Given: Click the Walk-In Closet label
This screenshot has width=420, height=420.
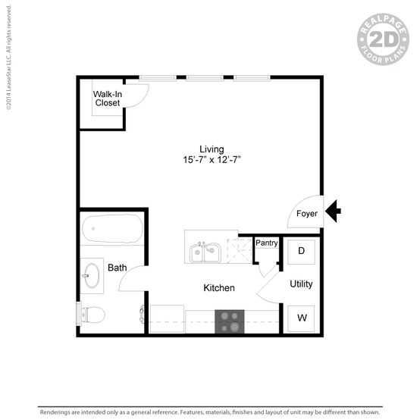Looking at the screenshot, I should pyautogui.click(x=107, y=99).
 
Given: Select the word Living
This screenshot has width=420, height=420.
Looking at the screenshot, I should pyautogui.click(x=212, y=149).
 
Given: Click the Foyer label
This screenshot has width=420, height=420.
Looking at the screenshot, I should pyautogui.click(x=307, y=214).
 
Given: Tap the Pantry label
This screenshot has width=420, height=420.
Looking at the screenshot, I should pyautogui.click(x=266, y=243).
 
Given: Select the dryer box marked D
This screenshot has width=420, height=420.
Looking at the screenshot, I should pyautogui.click(x=301, y=251).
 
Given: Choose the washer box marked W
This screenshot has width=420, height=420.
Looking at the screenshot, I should pyautogui.click(x=301, y=317).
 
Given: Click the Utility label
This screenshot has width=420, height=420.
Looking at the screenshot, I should pyautogui.click(x=301, y=284).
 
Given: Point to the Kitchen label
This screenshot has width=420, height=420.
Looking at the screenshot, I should pyautogui.click(x=219, y=288).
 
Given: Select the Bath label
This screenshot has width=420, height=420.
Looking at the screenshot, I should pyautogui.click(x=117, y=268).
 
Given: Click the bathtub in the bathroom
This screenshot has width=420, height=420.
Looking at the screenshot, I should pyautogui.click(x=111, y=228).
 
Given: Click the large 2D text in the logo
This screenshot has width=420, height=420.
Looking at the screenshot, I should pyautogui.click(x=384, y=39).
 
